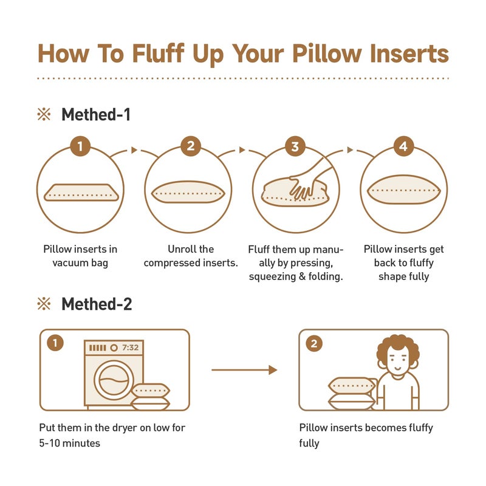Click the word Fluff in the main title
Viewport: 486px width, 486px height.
pos(159,53)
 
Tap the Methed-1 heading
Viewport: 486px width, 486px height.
pos(96,114)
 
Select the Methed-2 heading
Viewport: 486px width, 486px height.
pos(97,304)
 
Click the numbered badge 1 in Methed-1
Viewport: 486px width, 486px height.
pos(80,146)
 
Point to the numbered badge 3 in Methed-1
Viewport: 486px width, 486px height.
pos(295,146)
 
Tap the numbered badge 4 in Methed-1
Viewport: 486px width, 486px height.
pos(403,146)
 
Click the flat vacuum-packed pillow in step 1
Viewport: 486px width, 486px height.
pos(81,193)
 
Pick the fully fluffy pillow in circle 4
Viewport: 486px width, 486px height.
pos(404,190)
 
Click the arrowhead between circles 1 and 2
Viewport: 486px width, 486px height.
pos(134,150)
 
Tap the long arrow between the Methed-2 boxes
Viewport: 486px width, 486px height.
pos(244,370)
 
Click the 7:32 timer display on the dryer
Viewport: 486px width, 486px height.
pos(130,347)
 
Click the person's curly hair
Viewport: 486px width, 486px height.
pos(398,347)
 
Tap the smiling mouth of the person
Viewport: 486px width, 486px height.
pos(398,368)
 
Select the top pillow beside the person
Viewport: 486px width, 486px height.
pos(352,386)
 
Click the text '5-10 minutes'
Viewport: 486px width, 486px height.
pos(70,443)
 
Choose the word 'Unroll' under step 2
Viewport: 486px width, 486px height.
pos(181,249)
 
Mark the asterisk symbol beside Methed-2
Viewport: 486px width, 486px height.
pos(44,304)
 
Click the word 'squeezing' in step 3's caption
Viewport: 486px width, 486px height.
pos(272,276)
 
